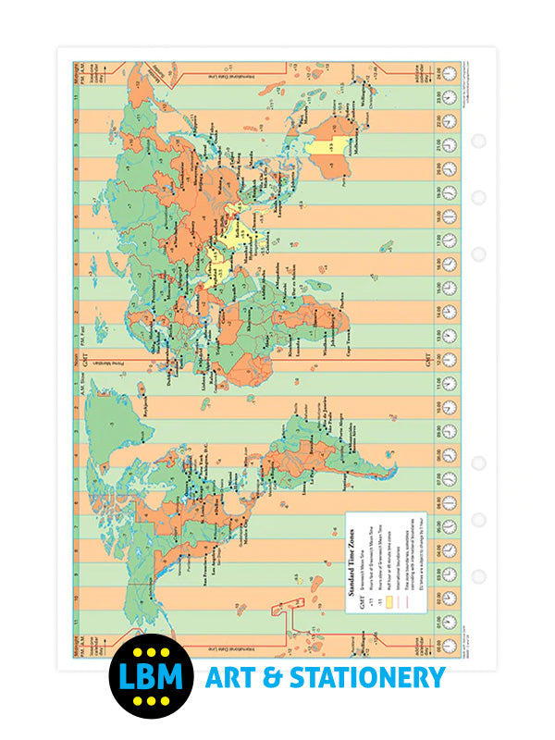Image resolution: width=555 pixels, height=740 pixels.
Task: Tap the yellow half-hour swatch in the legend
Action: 388,575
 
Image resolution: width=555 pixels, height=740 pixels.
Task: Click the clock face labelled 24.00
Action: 449,72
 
